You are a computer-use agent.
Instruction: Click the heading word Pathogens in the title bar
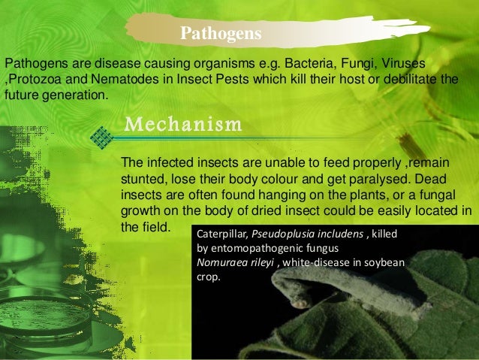221,34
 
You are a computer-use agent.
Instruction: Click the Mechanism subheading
182,123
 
